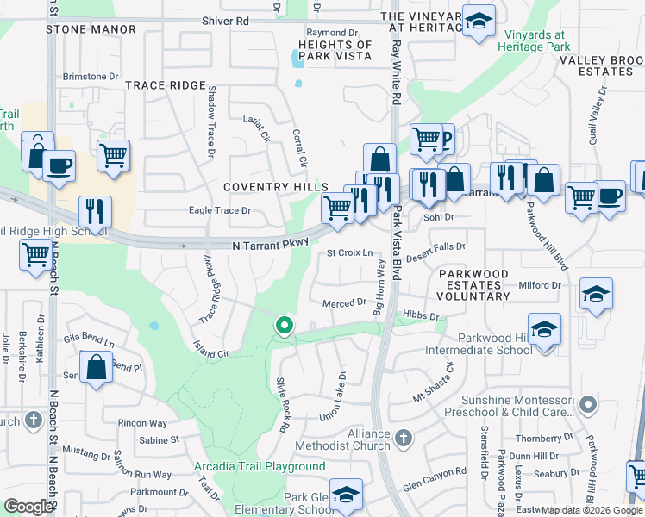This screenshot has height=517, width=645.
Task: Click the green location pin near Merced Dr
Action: point(283,326)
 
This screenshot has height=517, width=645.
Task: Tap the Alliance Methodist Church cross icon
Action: point(403,441)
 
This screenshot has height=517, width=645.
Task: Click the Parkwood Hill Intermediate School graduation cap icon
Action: point(544,330)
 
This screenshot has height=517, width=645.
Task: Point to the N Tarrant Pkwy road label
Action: point(270,246)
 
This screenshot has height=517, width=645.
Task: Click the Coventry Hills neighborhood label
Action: point(275,187)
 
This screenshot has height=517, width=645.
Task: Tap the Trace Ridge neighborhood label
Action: point(166,85)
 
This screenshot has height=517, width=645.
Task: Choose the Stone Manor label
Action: point(91,29)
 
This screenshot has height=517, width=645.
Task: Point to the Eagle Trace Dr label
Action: point(220,210)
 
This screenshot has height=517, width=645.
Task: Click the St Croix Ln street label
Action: point(349,253)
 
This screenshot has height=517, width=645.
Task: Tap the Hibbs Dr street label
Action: point(421,316)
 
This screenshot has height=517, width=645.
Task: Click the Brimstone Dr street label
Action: point(90,77)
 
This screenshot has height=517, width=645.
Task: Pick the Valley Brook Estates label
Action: point(596,65)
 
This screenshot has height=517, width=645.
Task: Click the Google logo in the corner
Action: point(28,507)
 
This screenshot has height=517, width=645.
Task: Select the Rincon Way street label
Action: point(142,423)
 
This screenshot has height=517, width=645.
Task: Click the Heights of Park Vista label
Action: point(335,50)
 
